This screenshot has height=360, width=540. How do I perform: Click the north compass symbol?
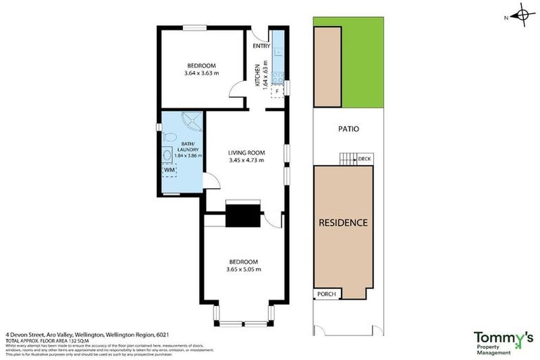coord(522,14)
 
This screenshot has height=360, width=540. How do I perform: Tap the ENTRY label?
coord(262,46)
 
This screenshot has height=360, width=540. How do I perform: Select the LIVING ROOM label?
coord(246,153)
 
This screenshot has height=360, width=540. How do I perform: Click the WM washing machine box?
coord(169,170)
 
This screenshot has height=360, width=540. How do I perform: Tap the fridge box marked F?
coord(278,90)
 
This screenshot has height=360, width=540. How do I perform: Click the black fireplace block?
coord(243,214)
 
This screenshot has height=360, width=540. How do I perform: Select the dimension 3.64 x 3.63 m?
coord(202,73)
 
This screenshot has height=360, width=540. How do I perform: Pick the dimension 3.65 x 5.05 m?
coord(243,269)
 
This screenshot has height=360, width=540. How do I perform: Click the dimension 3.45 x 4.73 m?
coord(246,160)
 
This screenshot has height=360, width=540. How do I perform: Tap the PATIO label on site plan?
coord(348,129)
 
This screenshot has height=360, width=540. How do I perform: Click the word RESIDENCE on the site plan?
coord(343,223)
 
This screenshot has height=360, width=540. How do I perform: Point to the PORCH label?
coord(328,294)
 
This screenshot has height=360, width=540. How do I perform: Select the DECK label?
coord(364,159)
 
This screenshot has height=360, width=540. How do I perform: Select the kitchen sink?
coord(278,77)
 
